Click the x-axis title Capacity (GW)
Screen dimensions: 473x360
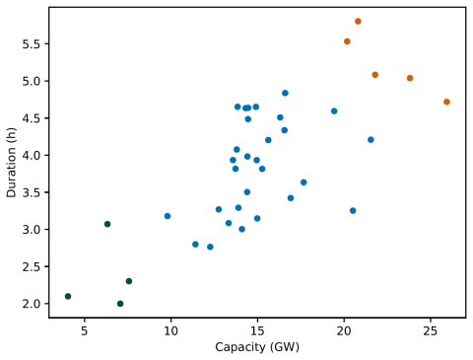point(257,347)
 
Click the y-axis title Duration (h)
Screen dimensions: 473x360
point(11,163)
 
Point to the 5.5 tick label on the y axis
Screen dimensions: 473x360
point(32,43)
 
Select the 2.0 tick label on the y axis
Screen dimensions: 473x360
point(32,304)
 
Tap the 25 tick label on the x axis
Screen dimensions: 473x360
point(431,331)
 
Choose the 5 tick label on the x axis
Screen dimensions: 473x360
point(85,331)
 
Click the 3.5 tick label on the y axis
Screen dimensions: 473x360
point(32,192)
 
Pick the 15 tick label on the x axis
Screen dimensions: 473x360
point(257,331)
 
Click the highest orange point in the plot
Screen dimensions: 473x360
point(358,22)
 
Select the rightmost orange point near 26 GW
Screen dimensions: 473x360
point(446,102)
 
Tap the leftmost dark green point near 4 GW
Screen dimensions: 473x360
point(68,296)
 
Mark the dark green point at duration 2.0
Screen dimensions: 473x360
point(120,304)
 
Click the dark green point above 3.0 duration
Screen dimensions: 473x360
point(107,224)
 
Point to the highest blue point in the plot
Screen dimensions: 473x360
point(285,93)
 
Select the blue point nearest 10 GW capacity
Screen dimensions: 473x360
point(168,216)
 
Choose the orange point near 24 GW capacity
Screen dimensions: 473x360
point(410,78)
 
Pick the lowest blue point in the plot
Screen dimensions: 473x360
point(210,247)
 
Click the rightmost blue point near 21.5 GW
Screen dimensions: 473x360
point(371,140)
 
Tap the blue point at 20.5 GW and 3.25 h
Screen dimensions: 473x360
point(353,211)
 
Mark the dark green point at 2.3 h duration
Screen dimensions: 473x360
point(129,281)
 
